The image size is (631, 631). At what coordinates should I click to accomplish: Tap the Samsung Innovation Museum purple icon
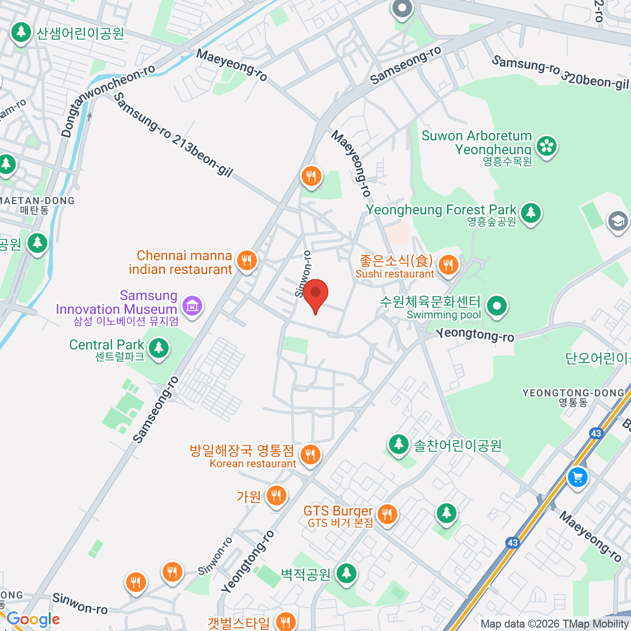pyautogui.click(x=192, y=306)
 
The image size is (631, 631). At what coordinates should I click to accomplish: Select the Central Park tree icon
pyautogui.click(x=158, y=348)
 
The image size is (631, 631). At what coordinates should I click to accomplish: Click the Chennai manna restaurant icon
pyautogui.click(x=246, y=260)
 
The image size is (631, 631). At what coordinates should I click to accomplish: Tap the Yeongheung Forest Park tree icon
pyautogui.click(x=531, y=212)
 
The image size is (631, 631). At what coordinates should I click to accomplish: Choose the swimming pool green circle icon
pyautogui.click(x=496, y=305)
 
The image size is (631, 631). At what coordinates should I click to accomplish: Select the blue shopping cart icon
pyautogui.click(x=577, y=477)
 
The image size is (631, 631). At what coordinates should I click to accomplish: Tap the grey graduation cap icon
pyautogui.click(x=618, y=221)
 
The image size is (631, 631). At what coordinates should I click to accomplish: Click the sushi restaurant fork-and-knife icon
pyautogui.click(x=448, y=265)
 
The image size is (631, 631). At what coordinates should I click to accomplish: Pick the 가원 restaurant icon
pyautogui.click(x=276, y=495)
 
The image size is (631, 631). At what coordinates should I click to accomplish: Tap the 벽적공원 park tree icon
pyautogui.click(x=346, y=573)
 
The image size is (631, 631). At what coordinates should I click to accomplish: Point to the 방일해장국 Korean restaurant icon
pyautogui.click(x=310, y=454)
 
